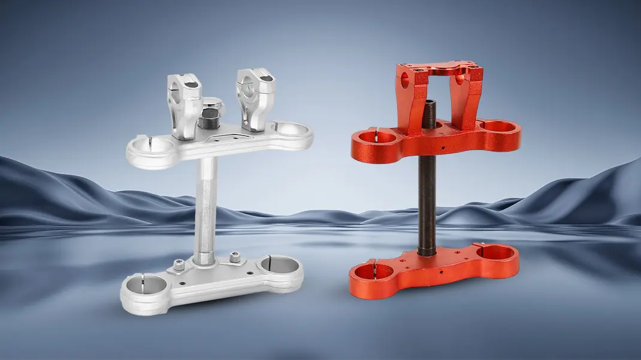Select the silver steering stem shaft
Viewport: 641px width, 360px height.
(205, 204)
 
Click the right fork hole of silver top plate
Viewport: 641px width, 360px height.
(291, 129)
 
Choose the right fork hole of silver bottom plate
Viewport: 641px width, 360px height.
(279, 264)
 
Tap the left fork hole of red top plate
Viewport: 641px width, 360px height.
(374, 137)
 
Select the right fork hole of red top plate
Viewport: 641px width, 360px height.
(498, 126)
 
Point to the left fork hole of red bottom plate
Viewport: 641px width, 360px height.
(372, 273)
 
